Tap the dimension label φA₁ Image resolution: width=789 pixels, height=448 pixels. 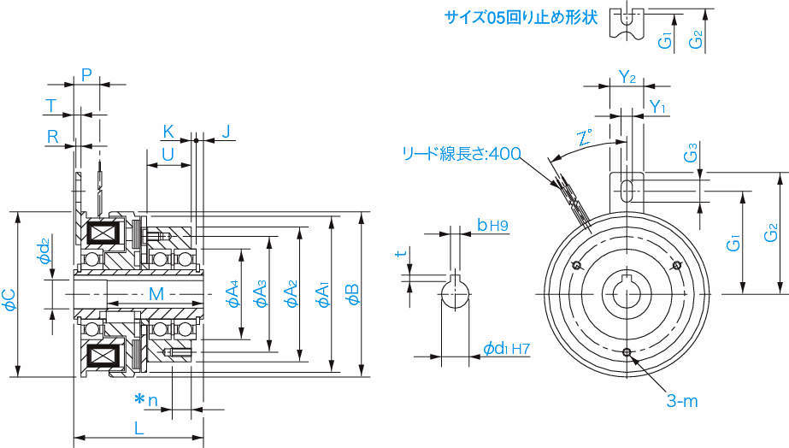coord(322,295)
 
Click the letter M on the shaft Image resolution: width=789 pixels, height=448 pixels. coord(156,294)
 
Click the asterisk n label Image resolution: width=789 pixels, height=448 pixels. coord(146,399)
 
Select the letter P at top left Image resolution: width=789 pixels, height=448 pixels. coord(86,74)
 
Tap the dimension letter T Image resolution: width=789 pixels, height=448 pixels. coord(51,105)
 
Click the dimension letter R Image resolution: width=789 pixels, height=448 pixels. coord(52,135)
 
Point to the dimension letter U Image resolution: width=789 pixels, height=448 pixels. coord(168,153)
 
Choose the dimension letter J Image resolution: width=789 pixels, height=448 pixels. coord(226,132)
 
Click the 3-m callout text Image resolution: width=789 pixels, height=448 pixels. coord(682,399)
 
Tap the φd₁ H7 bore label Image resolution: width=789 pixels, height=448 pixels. coord(506,348)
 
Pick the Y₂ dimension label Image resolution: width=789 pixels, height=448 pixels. coord(627,78)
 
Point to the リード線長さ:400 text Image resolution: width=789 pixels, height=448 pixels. coord(462,154)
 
